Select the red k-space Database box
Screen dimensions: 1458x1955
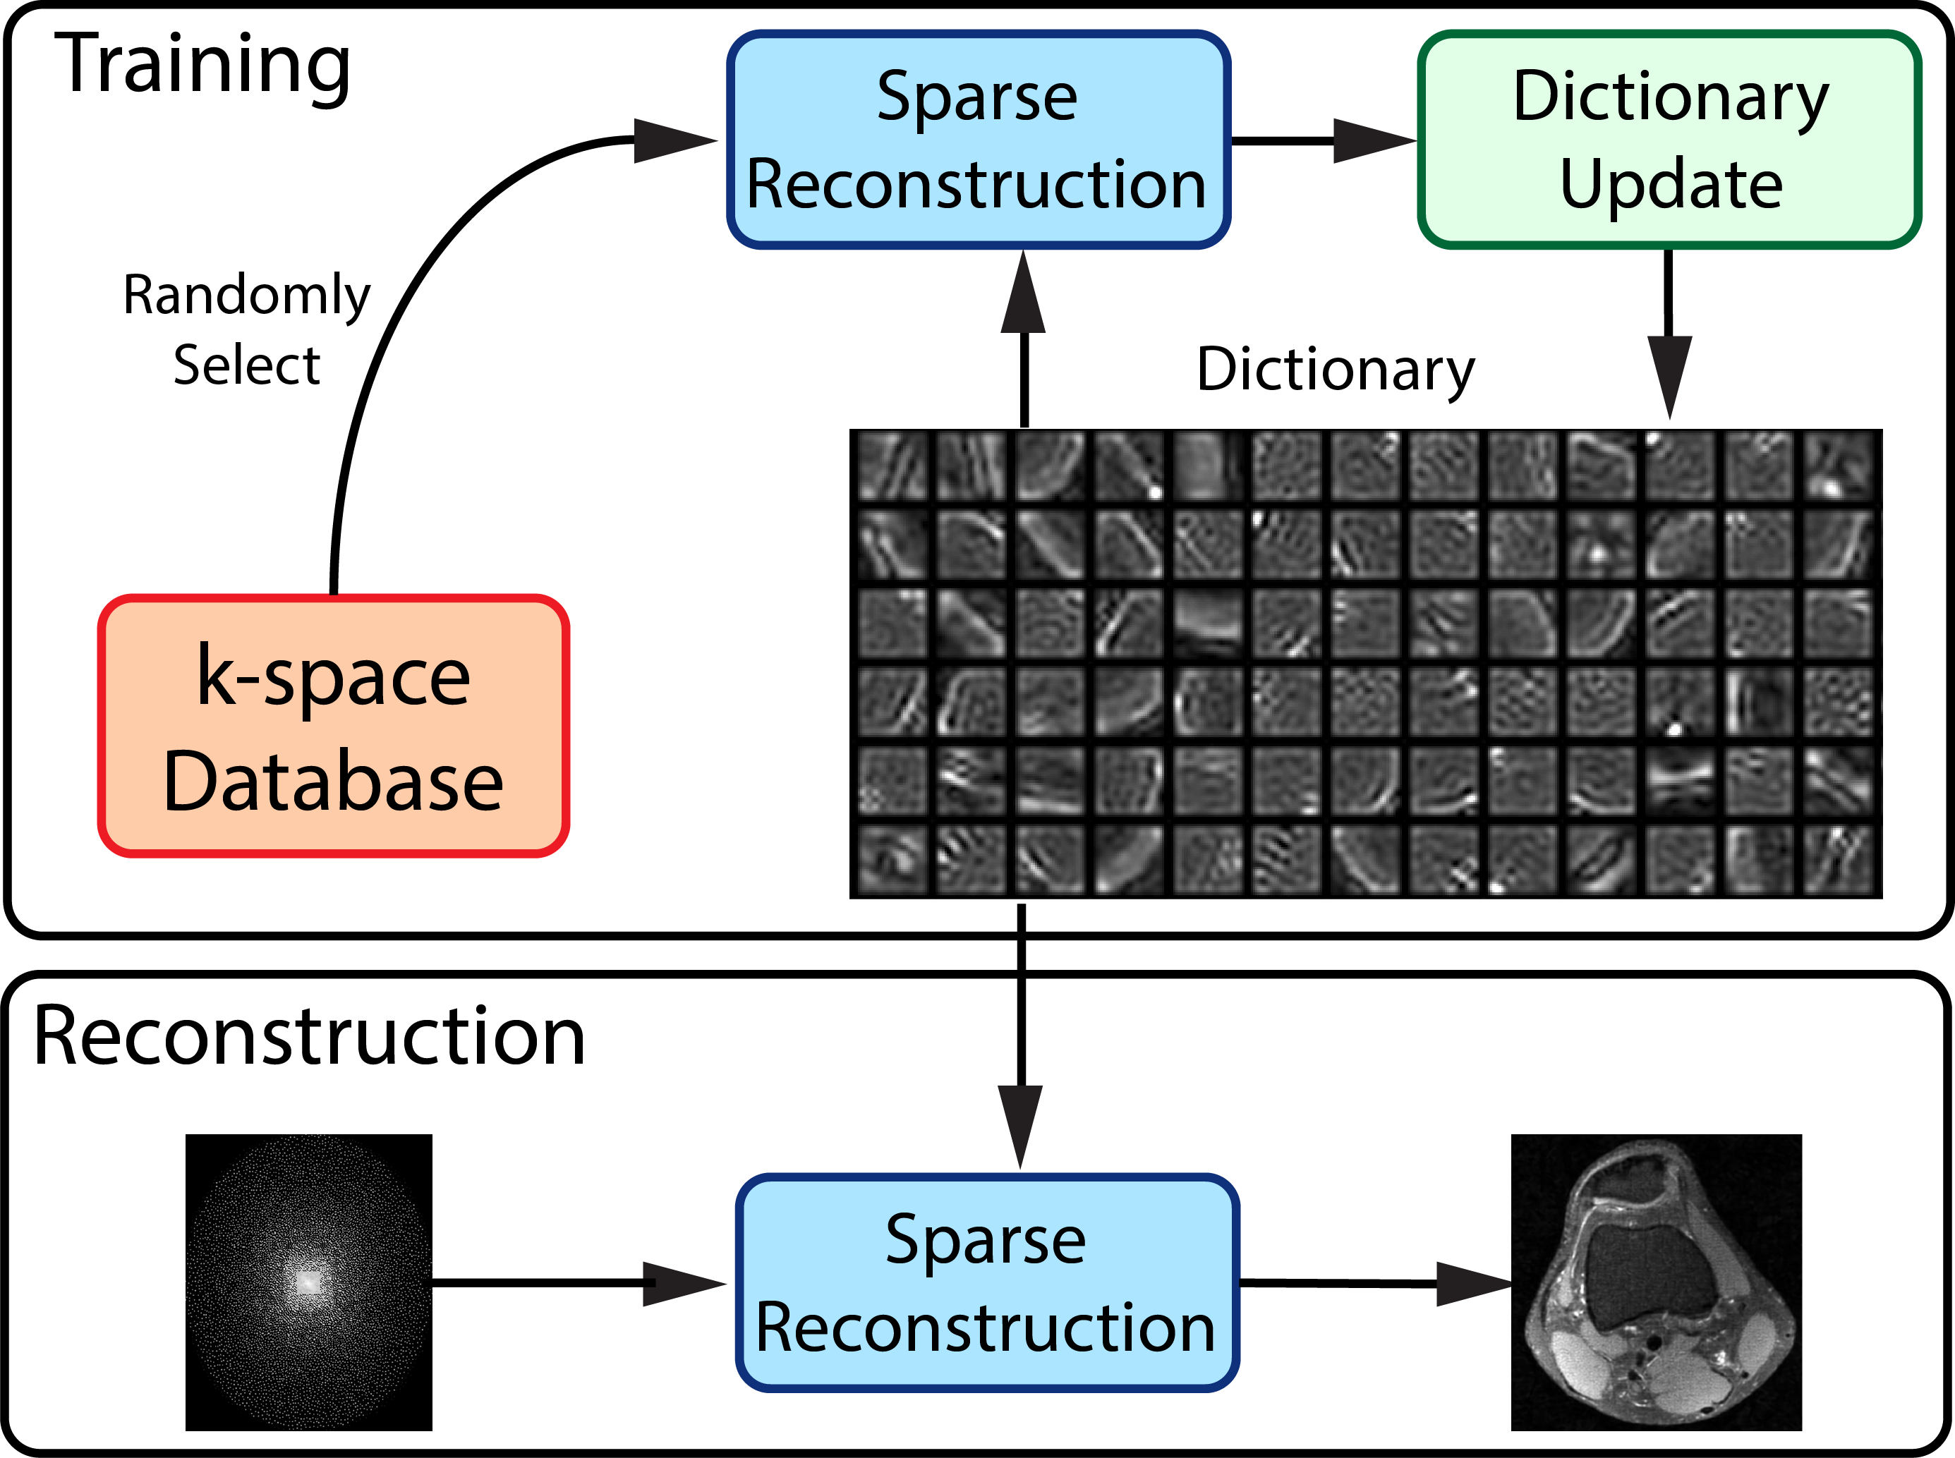point(333,725)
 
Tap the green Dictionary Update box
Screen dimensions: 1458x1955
point(1670,140)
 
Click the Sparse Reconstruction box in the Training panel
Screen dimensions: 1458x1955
point(978,140)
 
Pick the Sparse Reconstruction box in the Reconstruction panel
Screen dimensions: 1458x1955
point(987,1283)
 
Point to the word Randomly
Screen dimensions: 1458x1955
point(246,295)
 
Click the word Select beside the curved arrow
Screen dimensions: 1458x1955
point(246,365)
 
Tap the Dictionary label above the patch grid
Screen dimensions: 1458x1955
point(1336,369)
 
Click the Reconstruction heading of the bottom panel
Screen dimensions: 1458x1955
point(309,1036)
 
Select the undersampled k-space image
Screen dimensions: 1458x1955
point(308,1282)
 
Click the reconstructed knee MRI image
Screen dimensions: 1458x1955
point(1656,1282)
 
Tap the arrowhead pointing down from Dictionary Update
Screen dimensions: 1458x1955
point(1669,375)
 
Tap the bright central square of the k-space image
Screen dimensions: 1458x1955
point(308,1282)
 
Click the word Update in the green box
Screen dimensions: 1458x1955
point(1671,185)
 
